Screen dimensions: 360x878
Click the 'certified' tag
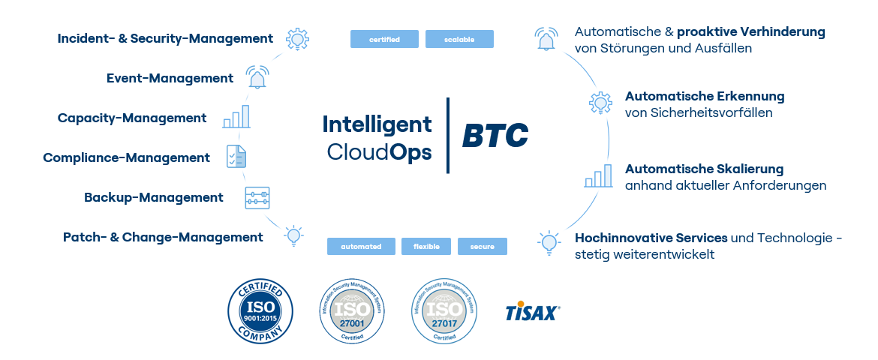pyautogui.click(x=384, y=39)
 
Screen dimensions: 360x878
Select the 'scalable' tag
pyautogui.click(x=459, y=39)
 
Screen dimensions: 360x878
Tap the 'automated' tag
pyautogui.click(x=361, y=246)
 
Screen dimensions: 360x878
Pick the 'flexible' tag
pyautogui.click(x=426, y=246)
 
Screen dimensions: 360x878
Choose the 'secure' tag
pyautogui.click(x=483, y=246)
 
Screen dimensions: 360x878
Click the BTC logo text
pyautogui.click(x=495, y=136)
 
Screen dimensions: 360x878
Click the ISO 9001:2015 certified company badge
pyautogui.click(x=260, y=311)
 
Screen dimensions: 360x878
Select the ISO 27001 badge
pyautogui.click(x=353, y=312)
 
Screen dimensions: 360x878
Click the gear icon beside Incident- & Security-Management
pyautogui.click(x=298, y=39)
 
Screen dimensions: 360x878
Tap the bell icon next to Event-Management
pyautogui.click(x=257, y=77)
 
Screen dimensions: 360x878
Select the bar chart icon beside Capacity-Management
pyautogui.click(x=236, y=117)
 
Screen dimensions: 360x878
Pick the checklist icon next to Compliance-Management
pyautogui.click(x=236, y=157)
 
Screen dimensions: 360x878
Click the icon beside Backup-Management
pyautogui.click(x=257, y=198)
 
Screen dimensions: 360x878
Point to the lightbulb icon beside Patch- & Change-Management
pyautogui.click(x=293, y=236)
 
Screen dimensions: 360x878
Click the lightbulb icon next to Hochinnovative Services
pyautogui.click(x=549, y=241)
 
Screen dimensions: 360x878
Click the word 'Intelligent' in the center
pyautogui.click(x=377, y=124)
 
